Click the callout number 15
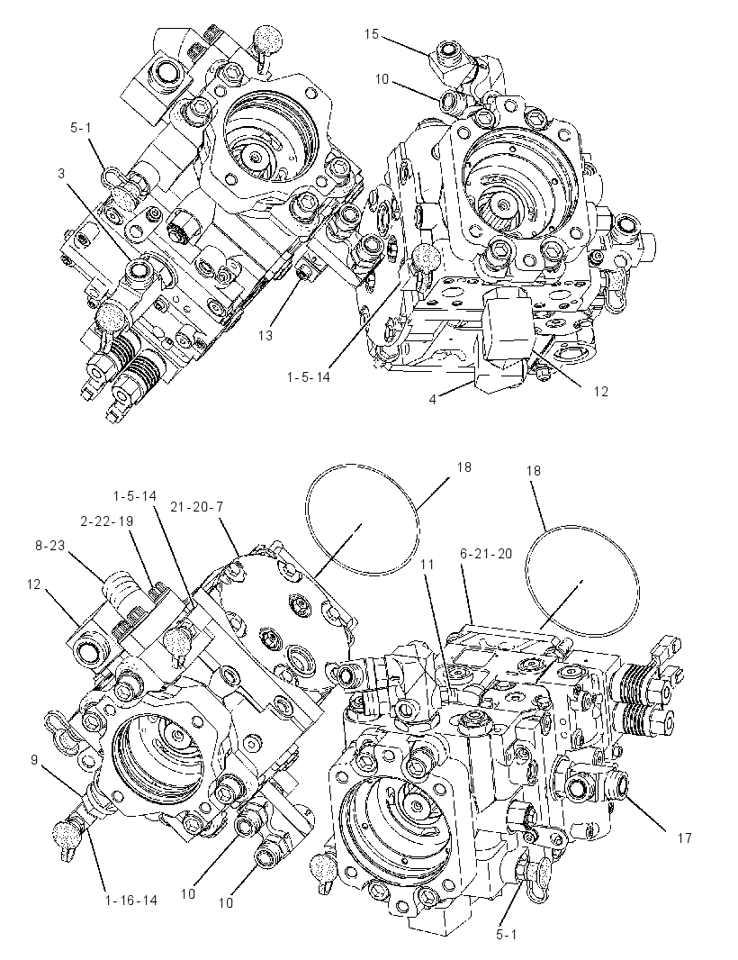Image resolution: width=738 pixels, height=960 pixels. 372,34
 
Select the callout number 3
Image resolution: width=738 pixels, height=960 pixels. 61,173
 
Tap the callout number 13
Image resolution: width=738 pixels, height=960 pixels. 265,336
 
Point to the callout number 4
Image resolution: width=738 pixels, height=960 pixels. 433,400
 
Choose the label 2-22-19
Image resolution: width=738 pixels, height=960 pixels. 106,521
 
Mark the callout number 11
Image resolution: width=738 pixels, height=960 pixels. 427,564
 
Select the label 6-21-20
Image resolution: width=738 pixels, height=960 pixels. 488,554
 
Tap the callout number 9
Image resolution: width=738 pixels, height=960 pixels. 35,760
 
